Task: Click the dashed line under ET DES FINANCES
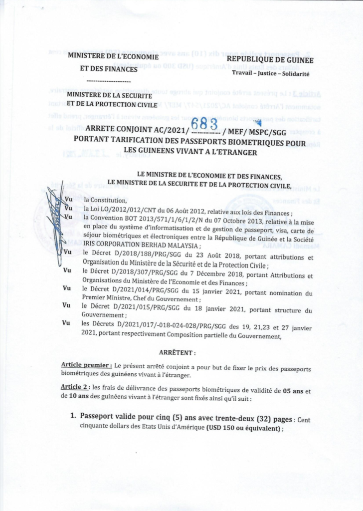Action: click(109, 80)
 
